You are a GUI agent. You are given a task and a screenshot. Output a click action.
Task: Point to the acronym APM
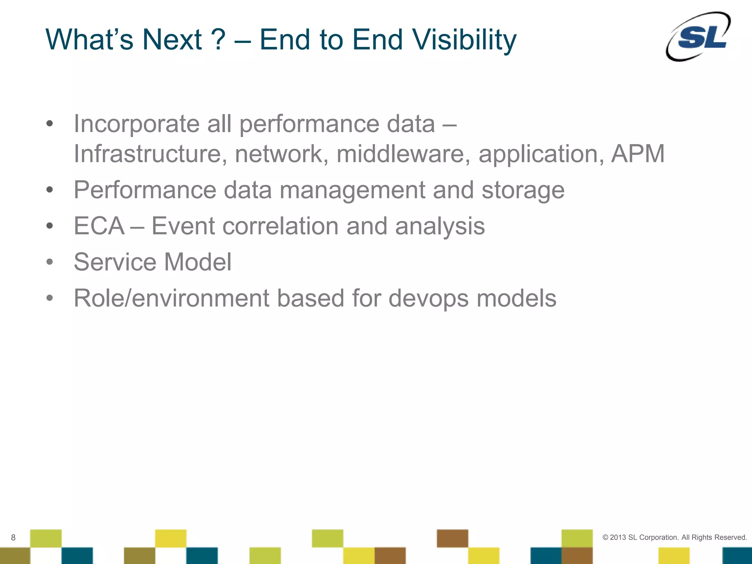pyautogui.click(x=638, y=153)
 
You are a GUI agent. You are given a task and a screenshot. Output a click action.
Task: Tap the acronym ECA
pyautogui.click(x=99, y=226)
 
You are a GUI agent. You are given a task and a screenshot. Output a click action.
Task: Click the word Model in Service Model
pyautogui.click(x=198, y=262)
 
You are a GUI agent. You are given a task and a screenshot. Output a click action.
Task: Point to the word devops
pyautogui.click(x=428, y=298)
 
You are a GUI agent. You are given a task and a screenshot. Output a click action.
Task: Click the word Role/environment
pyautogui.click(x=171, y=298)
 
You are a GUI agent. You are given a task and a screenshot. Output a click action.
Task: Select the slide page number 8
pyautogui.click(x=13, y=538)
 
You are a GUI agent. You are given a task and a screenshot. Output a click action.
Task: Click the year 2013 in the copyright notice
pyautogui.click(x=618, y=538)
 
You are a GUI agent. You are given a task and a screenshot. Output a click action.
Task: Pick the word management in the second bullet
pyautogui.click(x=352, y=190)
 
